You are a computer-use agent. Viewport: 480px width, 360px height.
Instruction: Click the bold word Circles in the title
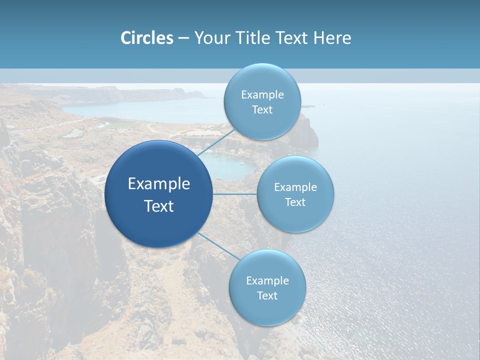[x=147, y=38]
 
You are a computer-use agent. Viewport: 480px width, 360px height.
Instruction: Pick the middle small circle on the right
[x=295, y=215]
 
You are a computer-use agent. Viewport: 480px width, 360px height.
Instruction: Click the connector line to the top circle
[x=216, y=142]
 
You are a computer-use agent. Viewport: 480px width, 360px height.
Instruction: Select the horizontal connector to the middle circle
[x=234, y=194]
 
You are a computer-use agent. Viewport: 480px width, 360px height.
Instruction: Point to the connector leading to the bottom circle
[x=218, y=246]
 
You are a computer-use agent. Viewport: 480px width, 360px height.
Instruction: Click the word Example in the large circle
[x=159, y=184]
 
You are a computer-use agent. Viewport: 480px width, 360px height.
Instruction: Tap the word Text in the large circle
[x=159, y=206]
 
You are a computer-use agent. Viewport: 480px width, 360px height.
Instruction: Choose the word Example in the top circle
[x=262, y=95]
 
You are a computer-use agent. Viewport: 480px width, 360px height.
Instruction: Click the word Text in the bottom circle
[x=267, y=295]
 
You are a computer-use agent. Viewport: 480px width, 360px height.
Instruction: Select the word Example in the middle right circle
[x=295, y=187]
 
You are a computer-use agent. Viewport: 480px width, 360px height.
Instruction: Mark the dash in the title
[x=183, y=38]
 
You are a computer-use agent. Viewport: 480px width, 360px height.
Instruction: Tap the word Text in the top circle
[x=262, y=109]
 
